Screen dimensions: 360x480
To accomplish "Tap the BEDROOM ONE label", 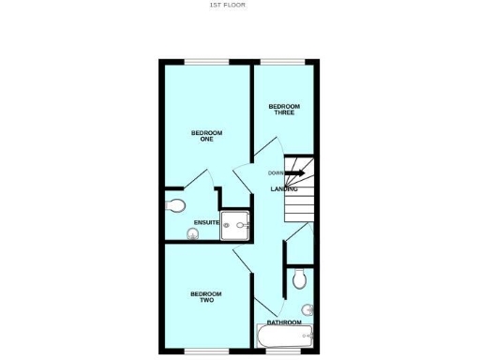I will coord(206,136).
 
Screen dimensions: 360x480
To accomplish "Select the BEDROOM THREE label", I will coord(283,109).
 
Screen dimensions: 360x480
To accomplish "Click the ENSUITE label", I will coord(206,222).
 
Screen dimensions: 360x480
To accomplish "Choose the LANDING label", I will coord(284,189).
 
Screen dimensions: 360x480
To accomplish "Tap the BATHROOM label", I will coord(284,322).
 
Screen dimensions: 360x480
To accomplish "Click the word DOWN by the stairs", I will coord(276,173).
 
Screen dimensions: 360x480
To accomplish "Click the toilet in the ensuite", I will coord(175,205).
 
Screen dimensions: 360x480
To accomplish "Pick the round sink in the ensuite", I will coord(194,235).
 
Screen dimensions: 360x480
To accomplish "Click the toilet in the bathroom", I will coord(299,278).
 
